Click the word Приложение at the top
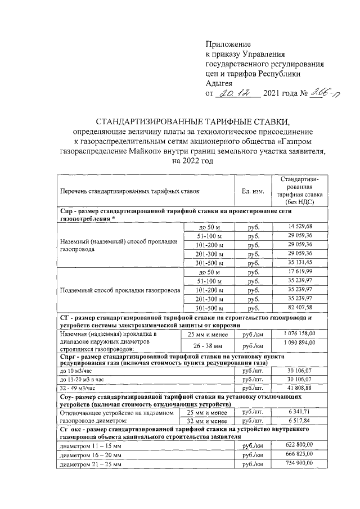tap(228, 44)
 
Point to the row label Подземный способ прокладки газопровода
tap(120, 290)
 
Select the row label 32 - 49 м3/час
tap(78, 388)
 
